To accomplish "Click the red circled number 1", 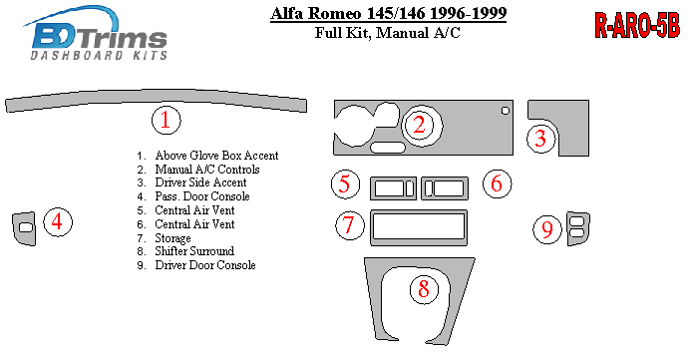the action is pyautogui.click(x=167, y=120).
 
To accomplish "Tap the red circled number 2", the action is pyautogui.click(x=419, y=125).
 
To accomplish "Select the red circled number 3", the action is pyautogui.click(x=540, y=139).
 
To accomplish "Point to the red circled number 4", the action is pyautogui.click(x=57, y=221).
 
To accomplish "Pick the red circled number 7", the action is pyautogui.click(x=349, y=224).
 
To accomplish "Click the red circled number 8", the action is pyautogui.click(x=424, y=289).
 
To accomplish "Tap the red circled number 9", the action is pyautogui.click(x=546, y=228).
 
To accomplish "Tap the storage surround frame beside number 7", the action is pyautogui.click(x=419, y=241).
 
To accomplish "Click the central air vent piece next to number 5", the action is pyautogui.click(x=393, y=180).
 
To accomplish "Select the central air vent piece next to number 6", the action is pyautogui.click(x=445, y=180).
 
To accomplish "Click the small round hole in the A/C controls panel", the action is pyautogui.click(x=506, y=111).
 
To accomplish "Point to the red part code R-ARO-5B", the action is pyautogui.click(x=637, y=25).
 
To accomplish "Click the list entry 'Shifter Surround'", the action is pyautogui.click(x=194, y=251).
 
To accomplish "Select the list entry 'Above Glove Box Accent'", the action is pyautogui.click(x=216, y=156).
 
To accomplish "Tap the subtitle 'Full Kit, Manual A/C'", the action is pyautogui.click(x=387, y=33).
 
